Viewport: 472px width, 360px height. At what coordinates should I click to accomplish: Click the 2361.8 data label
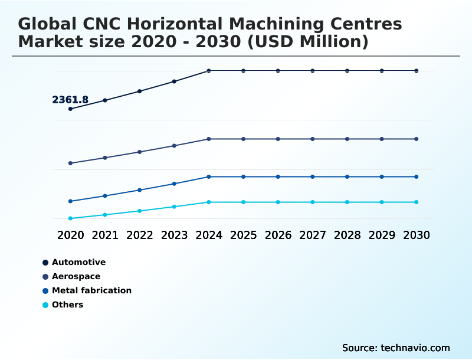[70, 100]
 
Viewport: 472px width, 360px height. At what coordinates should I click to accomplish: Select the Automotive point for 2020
[70, 109]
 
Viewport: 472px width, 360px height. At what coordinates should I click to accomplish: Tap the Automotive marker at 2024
[209, 71]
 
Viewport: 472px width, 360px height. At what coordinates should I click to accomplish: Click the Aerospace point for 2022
[140, 152]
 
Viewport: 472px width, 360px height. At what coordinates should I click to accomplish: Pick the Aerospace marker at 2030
[417, 139]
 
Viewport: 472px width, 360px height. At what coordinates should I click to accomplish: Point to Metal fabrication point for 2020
[70, 201]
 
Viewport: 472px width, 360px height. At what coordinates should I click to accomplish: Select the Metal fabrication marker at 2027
[313, 177]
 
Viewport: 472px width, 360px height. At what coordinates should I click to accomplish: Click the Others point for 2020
[70, 218]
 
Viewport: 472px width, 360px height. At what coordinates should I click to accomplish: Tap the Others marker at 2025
[243, 202]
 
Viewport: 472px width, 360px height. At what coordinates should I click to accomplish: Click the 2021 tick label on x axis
[105, 235]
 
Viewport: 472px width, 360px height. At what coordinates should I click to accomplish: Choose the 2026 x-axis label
[278, 235]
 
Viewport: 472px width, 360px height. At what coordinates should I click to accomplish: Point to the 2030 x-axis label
[417, 235]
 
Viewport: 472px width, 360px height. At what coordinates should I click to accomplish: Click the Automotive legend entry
[78, 262]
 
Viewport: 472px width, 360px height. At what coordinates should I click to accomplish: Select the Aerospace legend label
[76, 276]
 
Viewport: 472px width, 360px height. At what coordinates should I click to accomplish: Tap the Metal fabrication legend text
[91, 290]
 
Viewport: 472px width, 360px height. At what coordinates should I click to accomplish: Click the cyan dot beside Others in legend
[45, 305]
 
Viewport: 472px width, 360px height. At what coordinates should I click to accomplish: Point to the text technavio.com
[415, 348]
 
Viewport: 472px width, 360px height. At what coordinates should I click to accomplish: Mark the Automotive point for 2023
[174, 81]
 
